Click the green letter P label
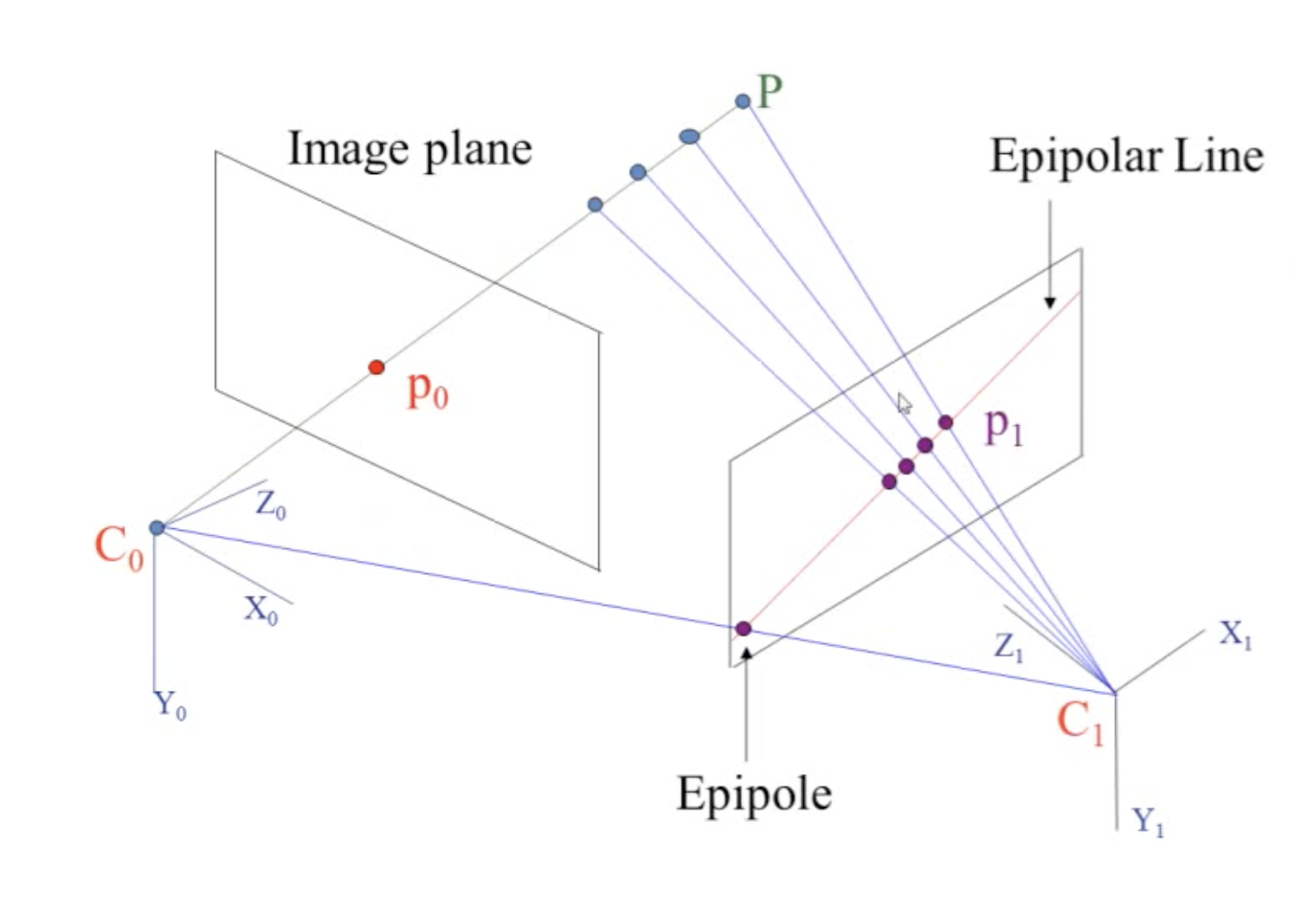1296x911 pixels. click(x=771, y=91)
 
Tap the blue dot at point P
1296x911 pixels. click(x=743, y=100)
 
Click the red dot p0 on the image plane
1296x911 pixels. click(x=377, y=367)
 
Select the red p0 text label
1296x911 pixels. click(x=427, y=389)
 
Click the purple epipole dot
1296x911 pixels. click(x=743, y=629)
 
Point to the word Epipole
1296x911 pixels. click(x=754, y=794)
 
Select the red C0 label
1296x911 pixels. click(x=119, y=547)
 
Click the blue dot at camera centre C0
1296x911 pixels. click(x=157, y=527)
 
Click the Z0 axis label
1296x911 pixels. click(x=271, y=504)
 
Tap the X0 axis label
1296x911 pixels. click(x=261, y=609)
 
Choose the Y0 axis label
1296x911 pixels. click(x=170, y=706)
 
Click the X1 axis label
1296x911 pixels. click(x=1236, y=633)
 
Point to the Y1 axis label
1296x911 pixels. click(x=1148, y=821)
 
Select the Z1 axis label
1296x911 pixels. click(x=1009, y=648)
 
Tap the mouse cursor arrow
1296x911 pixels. click(x=905, y=403)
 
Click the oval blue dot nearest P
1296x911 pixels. click(x=689, y=137)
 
